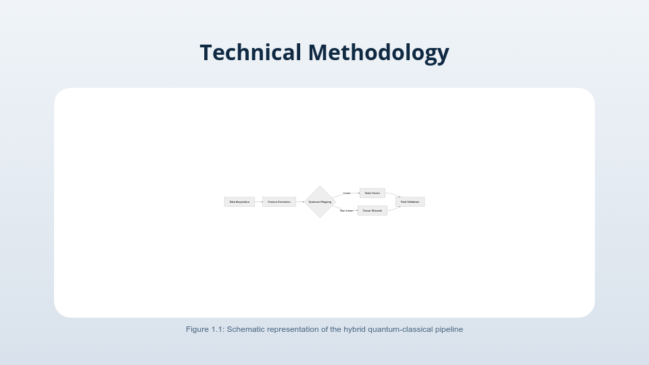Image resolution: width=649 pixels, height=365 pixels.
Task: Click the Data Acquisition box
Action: (x=239, y=201)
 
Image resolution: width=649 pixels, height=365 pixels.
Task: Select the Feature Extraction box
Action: (x=279, y=201)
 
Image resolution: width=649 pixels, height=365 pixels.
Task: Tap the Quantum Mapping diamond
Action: (x=320, y=201)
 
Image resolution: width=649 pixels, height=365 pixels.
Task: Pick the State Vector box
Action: (x=372, y=193)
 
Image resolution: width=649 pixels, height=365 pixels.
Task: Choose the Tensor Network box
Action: (x=372, y=210)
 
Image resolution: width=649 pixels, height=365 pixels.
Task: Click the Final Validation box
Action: (x=410, y=201)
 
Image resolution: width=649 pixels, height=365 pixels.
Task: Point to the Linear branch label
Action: (x=347, y=193)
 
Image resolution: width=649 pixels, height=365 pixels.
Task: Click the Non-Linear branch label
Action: (x=346, y=211)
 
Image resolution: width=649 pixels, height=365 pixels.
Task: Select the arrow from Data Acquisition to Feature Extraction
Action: (x=258, y=201)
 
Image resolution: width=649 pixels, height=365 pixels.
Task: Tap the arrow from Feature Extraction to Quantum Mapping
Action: (x=300, y=201)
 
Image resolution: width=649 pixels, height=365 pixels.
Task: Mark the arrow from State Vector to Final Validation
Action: (x=391, y=195)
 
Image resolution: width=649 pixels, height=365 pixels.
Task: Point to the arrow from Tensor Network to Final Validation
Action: (x=393, y=209)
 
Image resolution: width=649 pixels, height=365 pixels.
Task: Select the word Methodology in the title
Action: (x=379, y=52)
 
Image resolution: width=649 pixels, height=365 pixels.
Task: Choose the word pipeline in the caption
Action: (x=449, y=329)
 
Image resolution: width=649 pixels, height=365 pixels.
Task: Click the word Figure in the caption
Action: (x=197, y=329)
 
